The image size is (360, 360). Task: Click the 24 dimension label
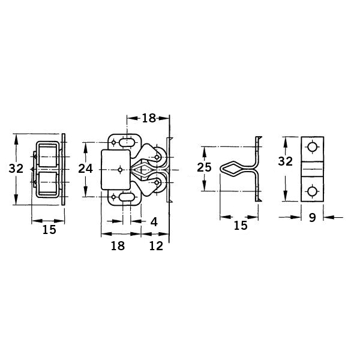85,169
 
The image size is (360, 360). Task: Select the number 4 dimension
154,222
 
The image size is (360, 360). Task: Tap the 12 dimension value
156,246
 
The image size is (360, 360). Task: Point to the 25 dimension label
204,167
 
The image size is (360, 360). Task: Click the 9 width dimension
312,217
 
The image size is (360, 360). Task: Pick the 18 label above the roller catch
149,118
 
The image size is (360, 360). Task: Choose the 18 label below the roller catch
118,246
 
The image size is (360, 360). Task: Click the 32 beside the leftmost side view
16,169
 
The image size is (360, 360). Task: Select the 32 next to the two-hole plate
286,161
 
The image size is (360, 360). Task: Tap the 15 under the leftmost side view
49,230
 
